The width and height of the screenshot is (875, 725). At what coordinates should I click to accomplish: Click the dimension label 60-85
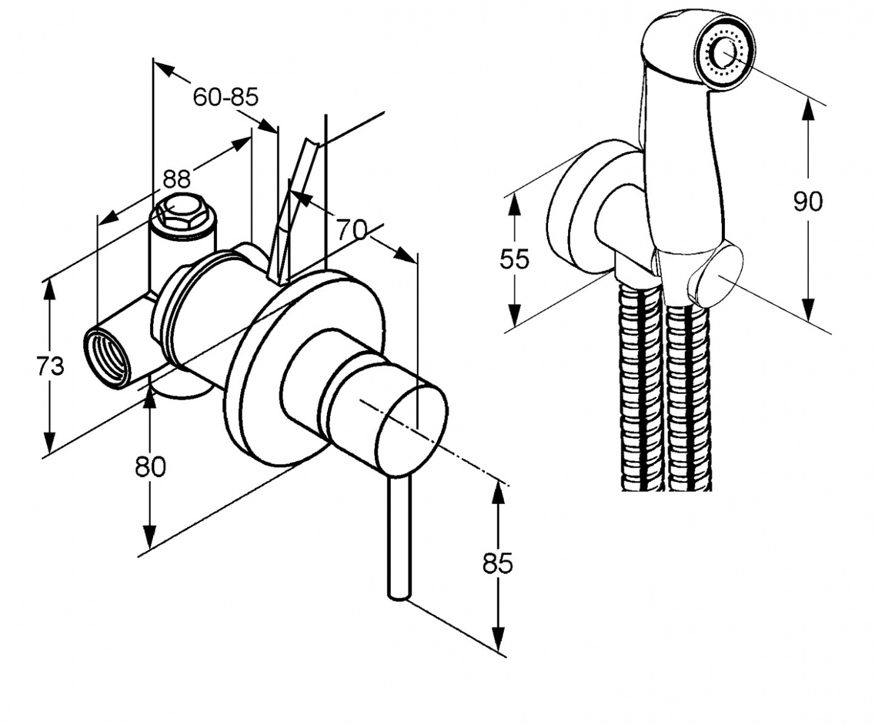pos(225,97)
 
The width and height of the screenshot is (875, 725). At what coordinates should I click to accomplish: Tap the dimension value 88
pos(176,179)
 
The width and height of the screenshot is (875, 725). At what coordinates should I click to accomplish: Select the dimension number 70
pos(352,230)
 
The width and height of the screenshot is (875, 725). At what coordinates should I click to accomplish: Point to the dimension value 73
pos(50,366)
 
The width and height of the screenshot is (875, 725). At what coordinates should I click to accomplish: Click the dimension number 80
pos(150,466)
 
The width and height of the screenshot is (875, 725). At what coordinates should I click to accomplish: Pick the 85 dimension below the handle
pos(497,563)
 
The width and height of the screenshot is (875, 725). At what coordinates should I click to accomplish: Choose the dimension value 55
pos(514,259)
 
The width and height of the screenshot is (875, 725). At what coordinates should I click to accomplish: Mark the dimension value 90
pos(808,202)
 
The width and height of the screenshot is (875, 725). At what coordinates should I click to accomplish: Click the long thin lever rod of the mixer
pos(399,537)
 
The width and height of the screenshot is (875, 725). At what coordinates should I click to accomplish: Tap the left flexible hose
pos(641,387)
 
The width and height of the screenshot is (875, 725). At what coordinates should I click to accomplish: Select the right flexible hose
pos(687,394)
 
